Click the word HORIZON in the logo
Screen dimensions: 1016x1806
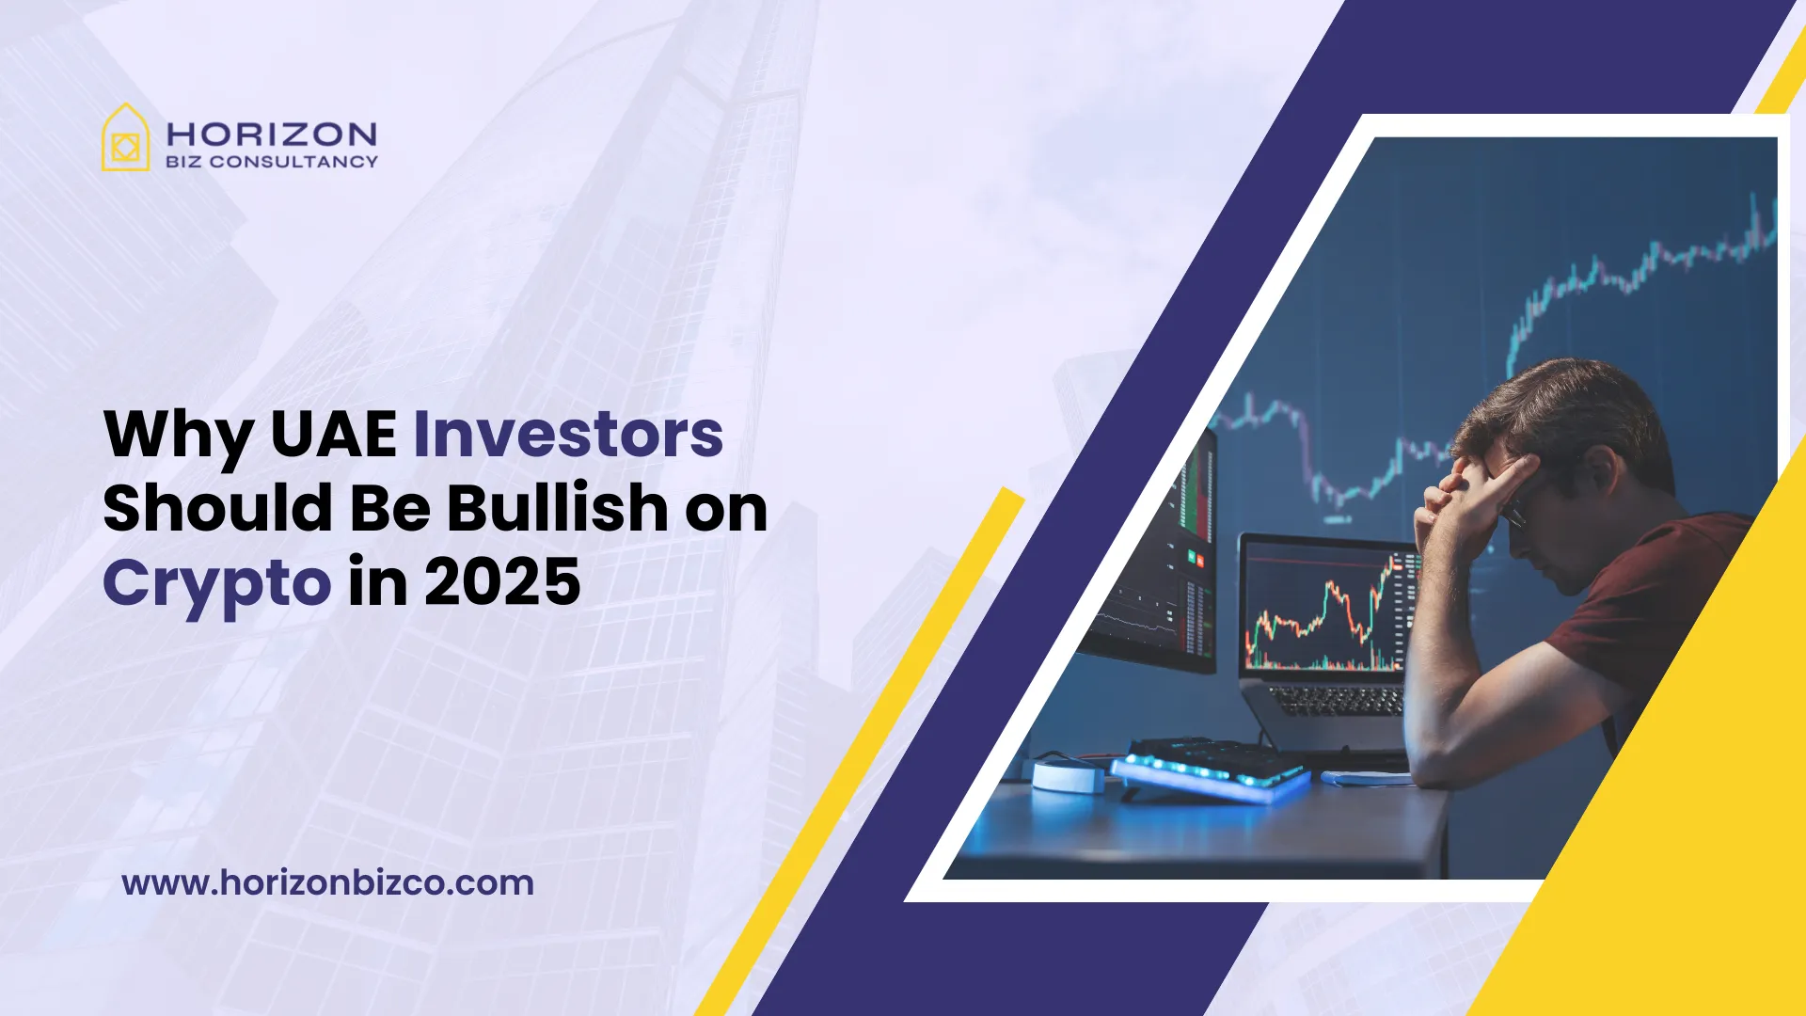[x=271, y=134]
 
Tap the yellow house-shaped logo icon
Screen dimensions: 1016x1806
[x=125, y=139]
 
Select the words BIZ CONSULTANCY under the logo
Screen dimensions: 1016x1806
[x=271, y=162]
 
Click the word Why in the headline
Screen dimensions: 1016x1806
[x=178, y=435]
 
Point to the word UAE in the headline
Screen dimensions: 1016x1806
[x=333, y=435]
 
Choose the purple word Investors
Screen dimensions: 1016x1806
[x=568, y=435]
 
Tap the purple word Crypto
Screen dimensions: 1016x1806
[x=216, y=583]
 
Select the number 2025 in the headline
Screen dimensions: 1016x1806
[x=501, y=583]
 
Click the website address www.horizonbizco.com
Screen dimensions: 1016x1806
[x=327, y=882]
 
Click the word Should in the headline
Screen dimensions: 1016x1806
[x=217, y=508]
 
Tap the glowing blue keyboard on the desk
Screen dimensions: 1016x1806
[x=1209, y=767]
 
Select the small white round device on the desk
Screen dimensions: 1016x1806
[x=1068, y=776]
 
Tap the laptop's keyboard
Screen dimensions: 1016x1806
[x=1336, y=701]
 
